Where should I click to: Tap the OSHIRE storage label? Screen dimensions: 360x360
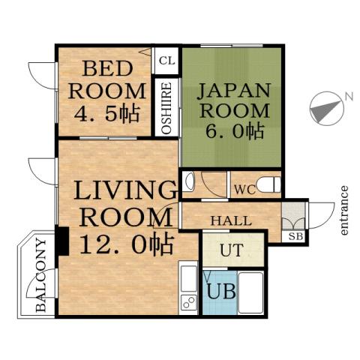167,109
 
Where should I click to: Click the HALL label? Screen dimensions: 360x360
226,220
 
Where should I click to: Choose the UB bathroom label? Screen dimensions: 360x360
220,290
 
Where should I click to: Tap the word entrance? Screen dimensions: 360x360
344,210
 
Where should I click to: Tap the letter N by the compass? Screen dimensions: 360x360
347,95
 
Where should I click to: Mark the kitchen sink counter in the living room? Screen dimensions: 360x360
187,289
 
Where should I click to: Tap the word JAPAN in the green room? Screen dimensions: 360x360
233,91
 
